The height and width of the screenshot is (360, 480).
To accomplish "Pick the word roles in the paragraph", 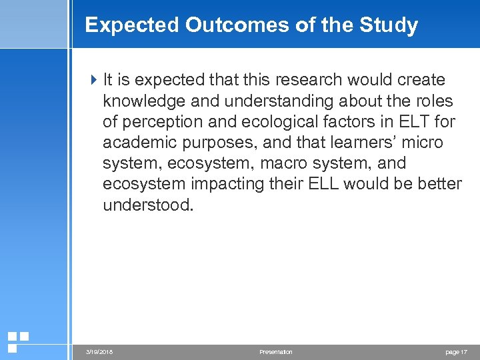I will (x=434, y=101).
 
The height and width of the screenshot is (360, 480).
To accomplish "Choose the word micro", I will (x=421, y=142).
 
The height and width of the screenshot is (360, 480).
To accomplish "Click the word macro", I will (x=289, y=163).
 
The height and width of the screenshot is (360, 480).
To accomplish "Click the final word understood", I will (x=147, y=204).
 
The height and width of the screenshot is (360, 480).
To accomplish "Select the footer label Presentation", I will (x=276, y=351).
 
